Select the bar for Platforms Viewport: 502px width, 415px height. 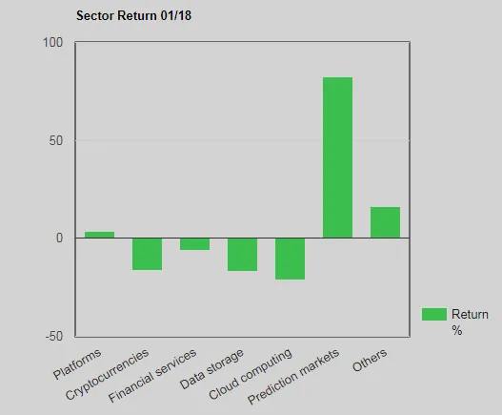coord(99,235)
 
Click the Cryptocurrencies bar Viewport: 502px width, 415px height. coord(147,254)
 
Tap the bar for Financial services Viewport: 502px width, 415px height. coord(194,244)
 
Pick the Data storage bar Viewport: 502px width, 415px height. coord(242,255)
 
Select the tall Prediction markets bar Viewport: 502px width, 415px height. coord(337,157)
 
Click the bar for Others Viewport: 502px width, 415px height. coord(385,222)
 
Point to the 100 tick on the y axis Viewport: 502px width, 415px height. coord(52,43)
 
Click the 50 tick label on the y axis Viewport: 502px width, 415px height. coord(55,141)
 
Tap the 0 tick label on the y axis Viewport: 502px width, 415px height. coord(59,239)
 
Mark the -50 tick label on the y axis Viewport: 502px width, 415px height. coord(53,337)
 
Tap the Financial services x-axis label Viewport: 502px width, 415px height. coord(152,378)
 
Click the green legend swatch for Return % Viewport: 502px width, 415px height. coord(433,314)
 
